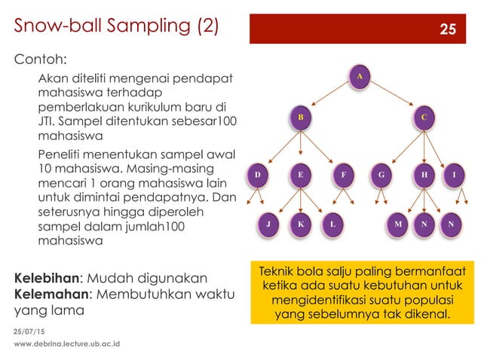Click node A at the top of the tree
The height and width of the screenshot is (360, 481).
(360, 76)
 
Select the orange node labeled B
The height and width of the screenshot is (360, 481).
(300, 117)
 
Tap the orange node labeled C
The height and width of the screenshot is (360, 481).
(424, 117)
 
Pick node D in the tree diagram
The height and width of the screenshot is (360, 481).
(258, 175)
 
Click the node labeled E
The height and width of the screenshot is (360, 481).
(300, 175)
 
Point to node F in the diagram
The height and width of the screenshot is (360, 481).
(344, 175)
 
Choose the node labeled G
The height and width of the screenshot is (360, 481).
(381, 175)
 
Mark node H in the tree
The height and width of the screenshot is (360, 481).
(424, 175)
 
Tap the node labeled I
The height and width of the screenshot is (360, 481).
(454, 175)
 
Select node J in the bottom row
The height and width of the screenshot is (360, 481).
(268, 224)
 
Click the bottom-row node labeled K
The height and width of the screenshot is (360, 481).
(300, 224)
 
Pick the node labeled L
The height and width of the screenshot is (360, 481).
(332, 224)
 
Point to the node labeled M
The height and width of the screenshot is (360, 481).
(397, 224)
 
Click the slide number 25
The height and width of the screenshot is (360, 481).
(448, 29)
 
